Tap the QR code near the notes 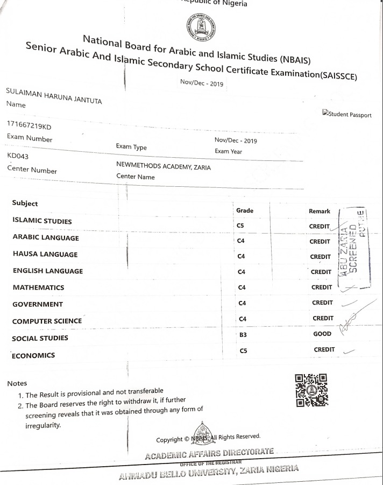point(311,390)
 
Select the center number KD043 point(18,156)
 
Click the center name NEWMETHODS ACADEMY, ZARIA point(164,167)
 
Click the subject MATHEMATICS point(38,287)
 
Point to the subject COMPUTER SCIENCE point(47,321)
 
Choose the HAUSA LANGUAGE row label point(45,254)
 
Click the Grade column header point(245,210)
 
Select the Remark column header point(320,212)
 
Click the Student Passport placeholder point(346,114)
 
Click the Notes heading point(17,384)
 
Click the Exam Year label point(228,151)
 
